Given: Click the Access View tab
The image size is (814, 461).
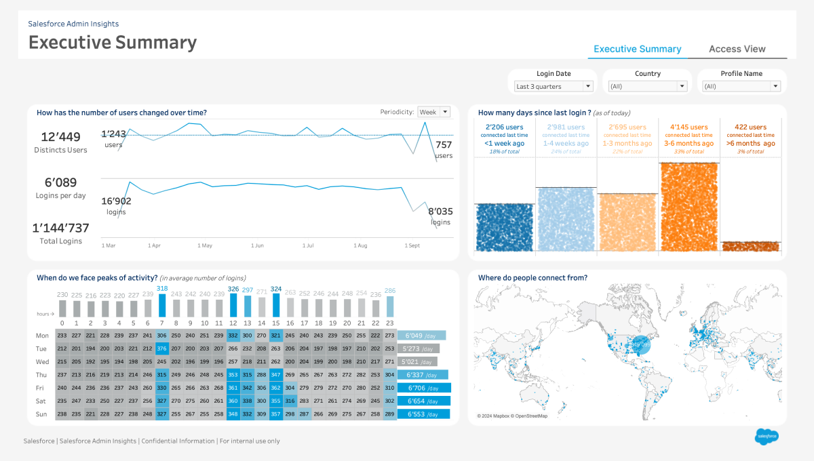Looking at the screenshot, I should tap(737, 49).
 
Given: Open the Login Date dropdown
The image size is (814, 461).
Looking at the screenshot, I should tap(554, 86).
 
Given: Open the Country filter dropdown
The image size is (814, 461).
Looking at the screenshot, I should tap(647, 86).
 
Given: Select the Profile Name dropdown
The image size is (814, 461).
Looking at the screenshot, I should tap(741, 86).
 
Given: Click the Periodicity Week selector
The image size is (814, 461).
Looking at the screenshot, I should tap(434, 112).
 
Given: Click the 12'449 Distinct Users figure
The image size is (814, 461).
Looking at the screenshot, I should tap(61, 137).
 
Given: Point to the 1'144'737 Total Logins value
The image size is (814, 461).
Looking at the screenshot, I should tap(61, 228).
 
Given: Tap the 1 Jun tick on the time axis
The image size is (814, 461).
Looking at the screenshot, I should tap(257, 245).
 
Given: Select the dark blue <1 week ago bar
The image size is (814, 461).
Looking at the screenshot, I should tap(505, 228).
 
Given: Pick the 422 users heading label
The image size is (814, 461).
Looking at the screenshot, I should tap(750, 127).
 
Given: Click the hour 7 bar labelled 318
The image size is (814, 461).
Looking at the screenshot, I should tap(161, 306).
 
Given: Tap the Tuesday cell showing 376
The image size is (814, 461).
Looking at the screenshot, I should tap(161, 348).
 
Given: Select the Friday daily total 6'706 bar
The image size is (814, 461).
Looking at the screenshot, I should tap(423, 388).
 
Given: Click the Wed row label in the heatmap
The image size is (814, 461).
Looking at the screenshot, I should tap(42, 361).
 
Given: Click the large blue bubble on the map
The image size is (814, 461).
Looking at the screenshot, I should tap(640, 344).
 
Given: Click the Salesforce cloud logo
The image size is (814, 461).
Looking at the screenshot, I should tap(766, 436).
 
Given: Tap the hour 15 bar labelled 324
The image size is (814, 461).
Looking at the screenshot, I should tap(275, 306).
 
